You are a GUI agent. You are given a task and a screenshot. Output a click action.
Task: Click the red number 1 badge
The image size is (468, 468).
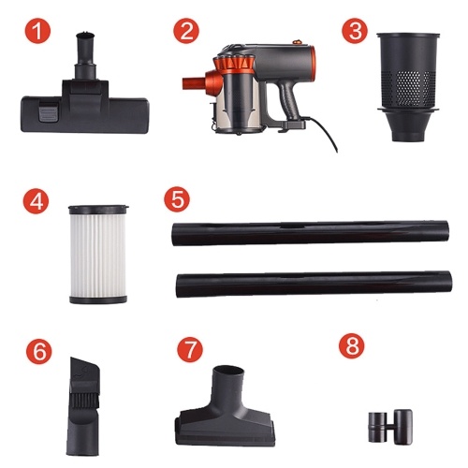coord(37,31)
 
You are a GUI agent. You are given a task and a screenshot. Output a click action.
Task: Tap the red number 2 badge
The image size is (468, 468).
coord(186,31)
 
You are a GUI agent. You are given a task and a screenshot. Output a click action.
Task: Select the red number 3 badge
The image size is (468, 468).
coord(355,31)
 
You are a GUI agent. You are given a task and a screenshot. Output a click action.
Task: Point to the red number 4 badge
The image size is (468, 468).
coord(36,201)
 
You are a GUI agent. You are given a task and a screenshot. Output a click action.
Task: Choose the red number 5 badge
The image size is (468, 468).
coord(177,199)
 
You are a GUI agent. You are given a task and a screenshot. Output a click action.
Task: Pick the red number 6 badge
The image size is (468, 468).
coord(39,351)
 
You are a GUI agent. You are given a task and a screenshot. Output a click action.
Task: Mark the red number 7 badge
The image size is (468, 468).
coord(190,350)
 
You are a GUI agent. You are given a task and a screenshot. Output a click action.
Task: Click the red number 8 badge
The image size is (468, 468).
coord(352,346)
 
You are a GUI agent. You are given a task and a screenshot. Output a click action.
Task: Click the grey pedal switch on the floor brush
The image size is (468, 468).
coord(49,113)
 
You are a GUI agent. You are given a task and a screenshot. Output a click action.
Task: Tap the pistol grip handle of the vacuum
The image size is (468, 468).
coord(290,101)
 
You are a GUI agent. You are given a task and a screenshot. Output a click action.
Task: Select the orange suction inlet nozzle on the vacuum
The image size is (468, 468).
coord(194,83)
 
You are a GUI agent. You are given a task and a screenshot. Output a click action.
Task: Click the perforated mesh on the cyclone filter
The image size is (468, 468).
coord(408,89)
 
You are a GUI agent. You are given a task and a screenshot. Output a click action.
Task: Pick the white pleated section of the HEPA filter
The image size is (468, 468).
coord(98,255)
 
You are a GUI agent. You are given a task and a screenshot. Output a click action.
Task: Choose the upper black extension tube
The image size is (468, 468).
coord(310,233)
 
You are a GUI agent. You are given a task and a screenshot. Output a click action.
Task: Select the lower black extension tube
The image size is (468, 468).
coord(314,284)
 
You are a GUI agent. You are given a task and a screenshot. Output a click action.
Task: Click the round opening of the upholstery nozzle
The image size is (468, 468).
coord(228,371)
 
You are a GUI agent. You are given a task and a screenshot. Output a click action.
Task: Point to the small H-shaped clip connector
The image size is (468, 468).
coord(390,427)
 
